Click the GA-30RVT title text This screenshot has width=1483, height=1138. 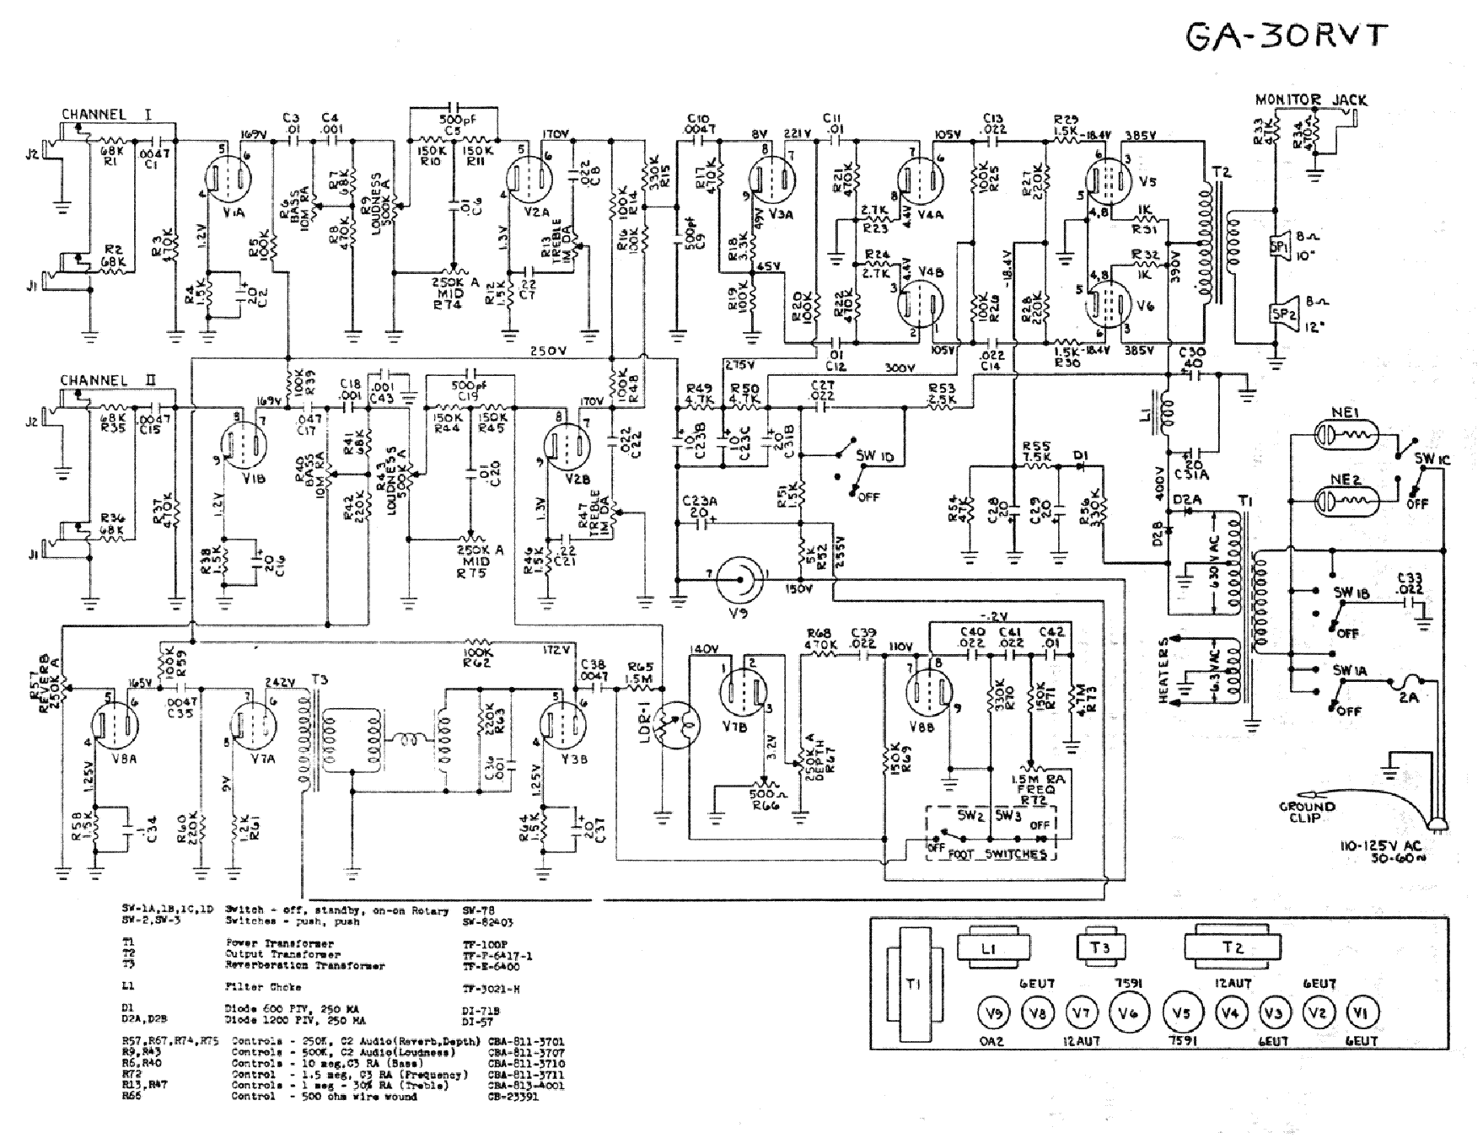pos(1286,38)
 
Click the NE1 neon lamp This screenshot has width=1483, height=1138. pos(1347,437)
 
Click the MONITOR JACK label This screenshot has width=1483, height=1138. pos(1311,100)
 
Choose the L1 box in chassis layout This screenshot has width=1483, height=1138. pos(991,947)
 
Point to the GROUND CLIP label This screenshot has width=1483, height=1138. pos(1307,811)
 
